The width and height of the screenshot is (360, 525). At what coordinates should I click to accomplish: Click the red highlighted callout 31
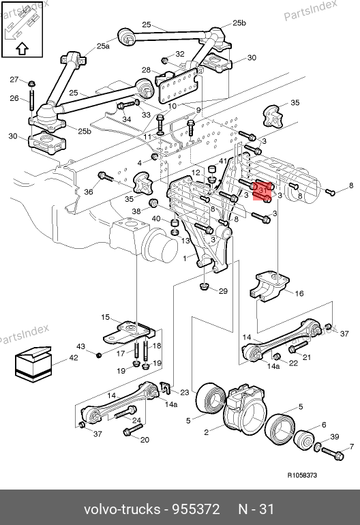[x=262, y=191]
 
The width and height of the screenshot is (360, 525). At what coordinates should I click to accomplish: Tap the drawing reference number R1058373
[x=302, y=475]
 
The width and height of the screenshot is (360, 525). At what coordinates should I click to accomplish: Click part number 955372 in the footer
[x=196, y=509]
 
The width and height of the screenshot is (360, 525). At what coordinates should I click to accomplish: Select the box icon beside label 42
[x=33, y=364]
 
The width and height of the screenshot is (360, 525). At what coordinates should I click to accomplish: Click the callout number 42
[x=74, y=357]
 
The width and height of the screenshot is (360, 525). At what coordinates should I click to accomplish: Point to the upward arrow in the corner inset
[x=22, y=49]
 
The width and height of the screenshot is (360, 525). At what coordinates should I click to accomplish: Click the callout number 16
[x=299, y=294]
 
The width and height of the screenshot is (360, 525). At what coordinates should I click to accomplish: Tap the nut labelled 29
[x=204, y=286]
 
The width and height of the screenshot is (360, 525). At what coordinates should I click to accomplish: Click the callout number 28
[x=146, y=70]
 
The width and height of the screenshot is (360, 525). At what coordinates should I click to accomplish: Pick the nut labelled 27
[x=31, y=83]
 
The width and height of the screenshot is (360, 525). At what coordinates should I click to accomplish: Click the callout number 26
[x=14, y=98]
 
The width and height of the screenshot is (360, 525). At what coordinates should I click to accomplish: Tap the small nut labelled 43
[x=98, y=355]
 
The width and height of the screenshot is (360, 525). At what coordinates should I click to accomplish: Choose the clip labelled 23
[x=165, y=388]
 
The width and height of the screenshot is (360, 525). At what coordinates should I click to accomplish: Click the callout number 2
[x=207, y=432]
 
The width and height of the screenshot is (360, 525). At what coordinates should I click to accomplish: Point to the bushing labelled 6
[x=304, y=439]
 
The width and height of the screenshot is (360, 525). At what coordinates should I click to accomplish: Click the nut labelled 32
[x=164, y=61]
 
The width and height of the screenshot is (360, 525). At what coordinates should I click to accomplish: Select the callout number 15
[x=105, y=317]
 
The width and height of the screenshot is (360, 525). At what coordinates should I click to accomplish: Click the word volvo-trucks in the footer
[x=122, y=509]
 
